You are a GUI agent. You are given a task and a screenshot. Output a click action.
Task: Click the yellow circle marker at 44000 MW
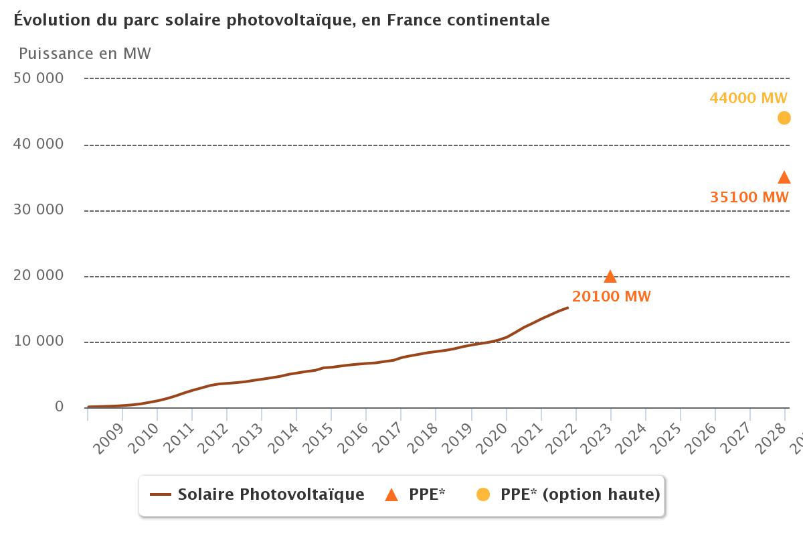coord(784,118)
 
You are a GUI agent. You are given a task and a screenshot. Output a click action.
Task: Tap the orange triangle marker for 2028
coord(784,178)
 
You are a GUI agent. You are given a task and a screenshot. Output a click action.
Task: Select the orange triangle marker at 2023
coord(610,277)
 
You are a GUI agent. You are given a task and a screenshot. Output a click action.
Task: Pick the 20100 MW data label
coord(611,297)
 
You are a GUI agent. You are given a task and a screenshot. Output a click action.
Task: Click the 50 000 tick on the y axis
coord(39,78)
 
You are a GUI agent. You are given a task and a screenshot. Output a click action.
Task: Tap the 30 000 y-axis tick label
coord(39,210)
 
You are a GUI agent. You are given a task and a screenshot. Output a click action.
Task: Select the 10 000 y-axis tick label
coord(39,342)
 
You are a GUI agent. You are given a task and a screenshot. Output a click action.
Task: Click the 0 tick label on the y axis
coord(60,407)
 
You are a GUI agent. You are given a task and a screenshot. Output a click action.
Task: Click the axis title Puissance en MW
coord(85,54)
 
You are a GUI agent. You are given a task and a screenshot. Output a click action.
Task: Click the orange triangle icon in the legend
coord(391,495)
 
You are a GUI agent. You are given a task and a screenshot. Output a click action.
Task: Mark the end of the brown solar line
coord(567,308)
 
